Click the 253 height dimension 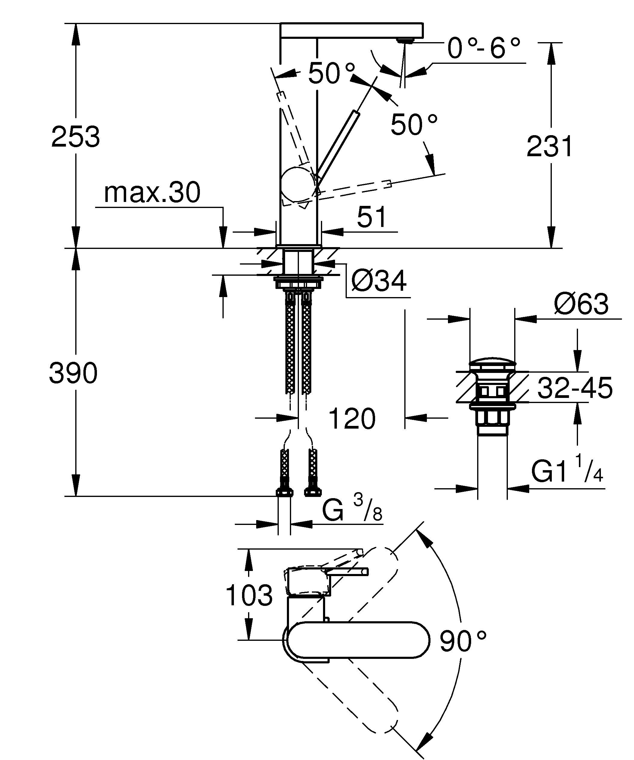click(75, 137)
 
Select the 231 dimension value click(549, 147)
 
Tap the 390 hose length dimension click(73, 374)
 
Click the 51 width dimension click(372, 218)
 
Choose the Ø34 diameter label click(378, 281)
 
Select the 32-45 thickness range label click(575, 388)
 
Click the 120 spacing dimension click(352, 419)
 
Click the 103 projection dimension click(249, 595)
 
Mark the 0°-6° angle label click(483, 48)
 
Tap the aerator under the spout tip click(405, 40)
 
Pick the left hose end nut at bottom click(284, 492)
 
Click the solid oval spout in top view click(358, 640)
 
